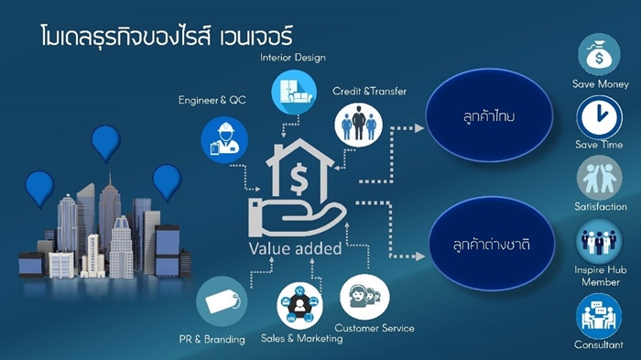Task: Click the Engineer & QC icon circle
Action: (x=224, y=140)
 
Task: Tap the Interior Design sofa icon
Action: (x=294, y=92)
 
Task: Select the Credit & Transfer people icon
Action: (x=359, y=125)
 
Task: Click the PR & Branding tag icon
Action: (x=222, y=301)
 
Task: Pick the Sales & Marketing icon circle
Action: (x=299, y=306)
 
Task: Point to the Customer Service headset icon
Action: (x=364, y=297)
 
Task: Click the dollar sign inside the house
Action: (x=299, y=179)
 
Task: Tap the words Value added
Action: (x=295, y=249)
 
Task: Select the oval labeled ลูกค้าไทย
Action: (x=489, y=115)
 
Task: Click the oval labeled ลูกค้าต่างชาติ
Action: (x=492, y=244)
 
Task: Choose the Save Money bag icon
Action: (x=599, y=55)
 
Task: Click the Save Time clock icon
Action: (x=599, y=117)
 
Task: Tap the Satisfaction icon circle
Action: (x=599, y=178)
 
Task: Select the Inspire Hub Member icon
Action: (x=599, y=241)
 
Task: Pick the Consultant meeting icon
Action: (x=599, y=317)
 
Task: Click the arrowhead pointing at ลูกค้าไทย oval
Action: (x=419, y=128)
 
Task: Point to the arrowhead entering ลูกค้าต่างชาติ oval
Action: (x=420, y=256)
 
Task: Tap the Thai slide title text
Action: (x=167, y=35)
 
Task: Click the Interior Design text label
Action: (x=293, y=58)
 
